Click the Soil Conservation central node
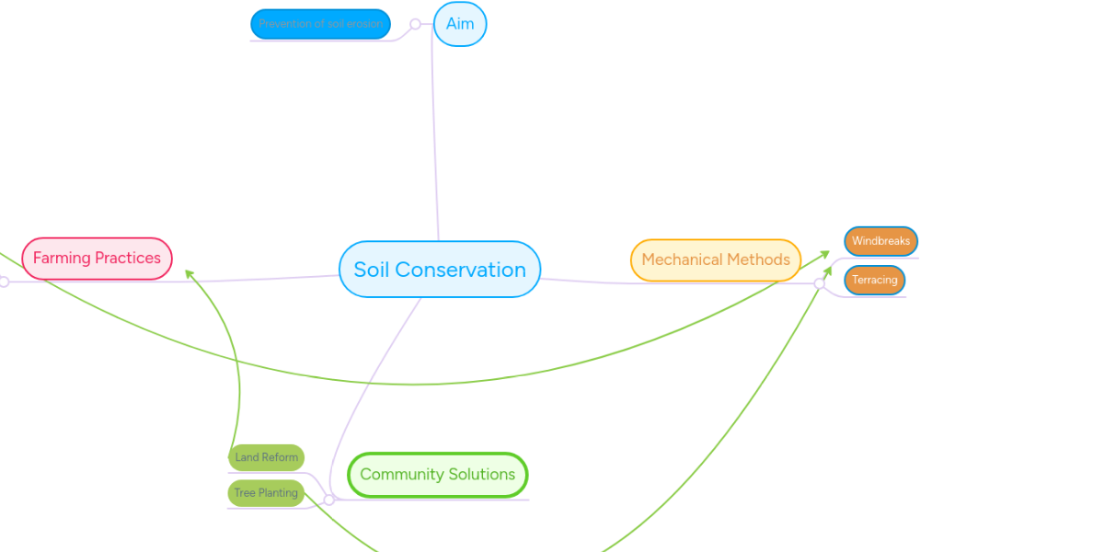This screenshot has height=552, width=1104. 440,270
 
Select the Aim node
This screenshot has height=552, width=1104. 460,24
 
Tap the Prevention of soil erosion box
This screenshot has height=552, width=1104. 320,24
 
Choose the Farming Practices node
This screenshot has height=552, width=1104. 97,259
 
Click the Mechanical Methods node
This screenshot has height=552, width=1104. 716,259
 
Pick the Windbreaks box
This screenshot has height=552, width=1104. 880,241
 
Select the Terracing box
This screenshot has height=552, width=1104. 874,280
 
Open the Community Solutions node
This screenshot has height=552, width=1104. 437,475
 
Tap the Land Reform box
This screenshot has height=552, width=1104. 266,457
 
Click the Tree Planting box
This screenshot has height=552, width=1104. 266,493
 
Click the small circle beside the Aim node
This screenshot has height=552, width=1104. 415,24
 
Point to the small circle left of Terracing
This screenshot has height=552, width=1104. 820,283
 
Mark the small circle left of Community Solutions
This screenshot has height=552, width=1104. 328,500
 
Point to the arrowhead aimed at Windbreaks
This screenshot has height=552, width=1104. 825,254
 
